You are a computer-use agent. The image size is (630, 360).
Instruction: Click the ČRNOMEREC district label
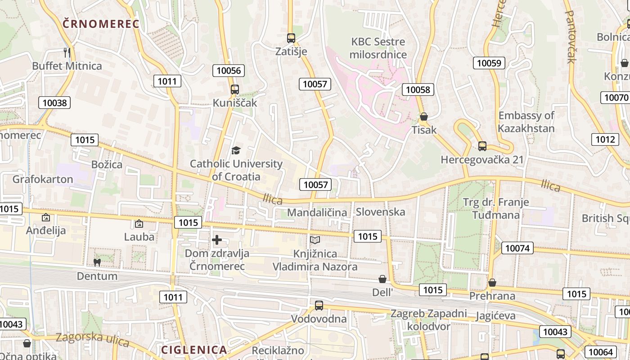pyautogui.click(x=101, y=24)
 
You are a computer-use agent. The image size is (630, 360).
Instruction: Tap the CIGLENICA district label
pyautogui.click(x=194, y=350)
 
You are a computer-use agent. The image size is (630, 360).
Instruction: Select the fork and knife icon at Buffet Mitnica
pyautogui.click(x=67, y=53)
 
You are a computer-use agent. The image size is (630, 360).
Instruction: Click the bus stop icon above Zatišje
pyautogui.click(x=291, y=38)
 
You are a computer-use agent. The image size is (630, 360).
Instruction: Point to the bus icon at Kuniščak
pyautogui.click(x=234, y=89)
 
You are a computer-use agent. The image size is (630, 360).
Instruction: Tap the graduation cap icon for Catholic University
pyautogui.click(x=236, y=150)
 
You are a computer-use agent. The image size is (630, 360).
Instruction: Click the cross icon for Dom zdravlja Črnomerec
pyautogui.click(x=217, y=240)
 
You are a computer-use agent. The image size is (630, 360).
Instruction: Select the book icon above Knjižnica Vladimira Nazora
pyautogui.click(x=315, y=240)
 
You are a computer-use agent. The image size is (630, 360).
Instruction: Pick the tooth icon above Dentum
pyautogui.click(x=96, y=262)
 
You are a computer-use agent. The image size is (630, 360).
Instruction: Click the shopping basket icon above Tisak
pyautogui.click(x=423, y=117)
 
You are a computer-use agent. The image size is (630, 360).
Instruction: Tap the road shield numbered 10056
pyautogui.click(x=229, y=70)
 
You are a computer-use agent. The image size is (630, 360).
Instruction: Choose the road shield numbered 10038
pyautogui.click(x=54, y=103)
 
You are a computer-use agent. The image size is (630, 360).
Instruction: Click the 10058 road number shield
pyautogui.click(x=418, y=90)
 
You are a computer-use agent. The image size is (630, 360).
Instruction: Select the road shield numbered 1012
pyautogui.click(x=605, y=139)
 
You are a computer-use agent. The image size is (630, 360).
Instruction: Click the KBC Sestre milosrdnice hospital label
pyautogui.click(x=378, y=48)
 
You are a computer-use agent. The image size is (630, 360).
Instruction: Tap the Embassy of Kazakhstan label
pyautogui.click(x=526, y=121)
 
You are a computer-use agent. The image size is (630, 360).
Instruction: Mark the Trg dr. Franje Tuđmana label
pyautogui.click(x=496, y=208)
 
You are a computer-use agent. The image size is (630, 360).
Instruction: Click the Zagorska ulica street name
pyautogui.click(x=92, y=339)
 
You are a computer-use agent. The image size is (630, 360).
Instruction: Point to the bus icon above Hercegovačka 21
pyautogui.click(x=482, y=146)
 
